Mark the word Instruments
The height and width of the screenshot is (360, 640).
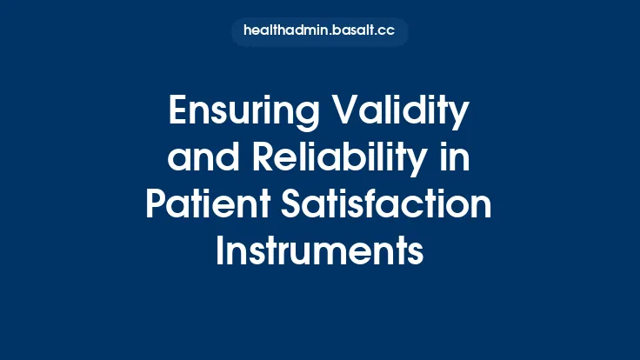320,252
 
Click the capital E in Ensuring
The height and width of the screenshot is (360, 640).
176,113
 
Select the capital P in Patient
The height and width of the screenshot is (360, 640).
157,206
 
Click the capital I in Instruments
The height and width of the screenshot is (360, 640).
220,252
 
